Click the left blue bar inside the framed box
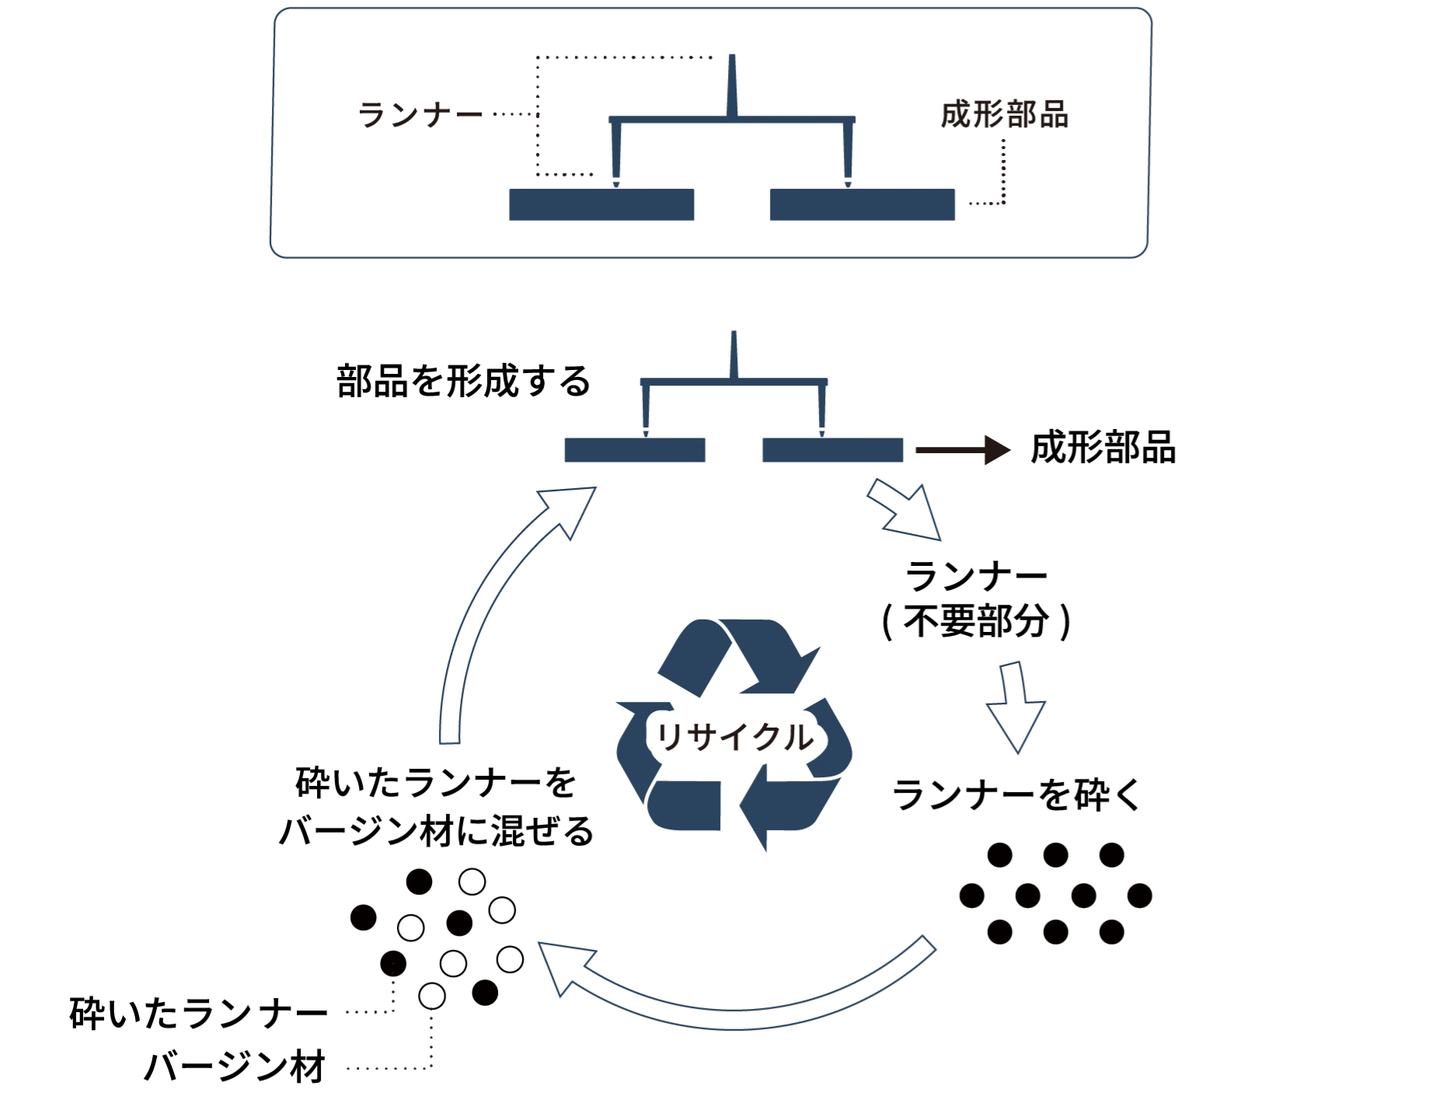coord(599,205)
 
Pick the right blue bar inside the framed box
coord(860,205)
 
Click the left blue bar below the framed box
coord(634,451)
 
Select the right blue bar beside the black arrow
coord(832,451)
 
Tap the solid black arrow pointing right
coord(963,449)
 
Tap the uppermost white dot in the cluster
coord(472,882)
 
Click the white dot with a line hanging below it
coord(432,996)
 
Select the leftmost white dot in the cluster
coord(410,927)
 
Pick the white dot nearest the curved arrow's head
coord(510,959)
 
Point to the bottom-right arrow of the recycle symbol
coord(785,808)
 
